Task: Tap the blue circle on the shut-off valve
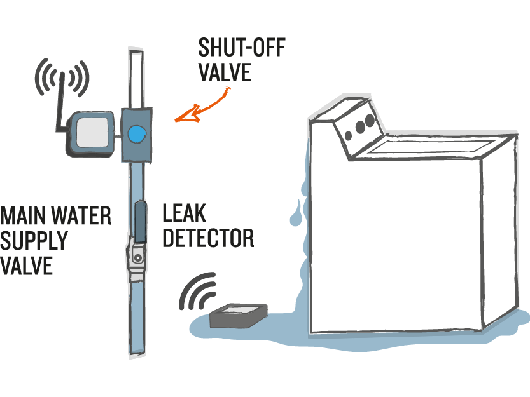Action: pyautogui.click(x=136, y=134)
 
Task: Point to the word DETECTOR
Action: pyautogui.click(x=208, y=239)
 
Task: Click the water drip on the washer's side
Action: pyautogui.click(x=295, y=213)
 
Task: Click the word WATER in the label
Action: pyautogui.click(x=81, y=216)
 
